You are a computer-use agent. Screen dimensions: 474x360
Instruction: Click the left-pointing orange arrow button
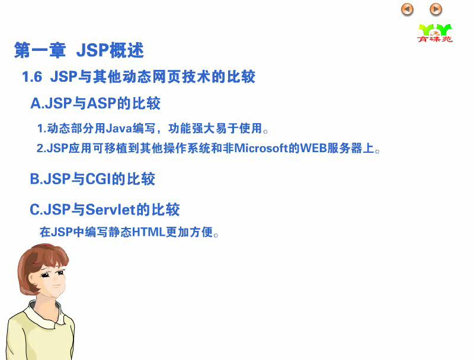coord(407,9)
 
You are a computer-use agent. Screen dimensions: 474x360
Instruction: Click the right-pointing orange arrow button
coord(435,9)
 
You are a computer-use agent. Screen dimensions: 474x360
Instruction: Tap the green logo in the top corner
coord(435,33)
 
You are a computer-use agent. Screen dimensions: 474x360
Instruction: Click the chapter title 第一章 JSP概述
coord(79,50)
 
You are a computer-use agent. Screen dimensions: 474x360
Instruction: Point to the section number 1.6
coord(32,77)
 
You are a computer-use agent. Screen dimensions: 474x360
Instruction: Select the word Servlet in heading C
coord(110,210)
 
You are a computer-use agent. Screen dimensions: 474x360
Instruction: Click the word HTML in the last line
coord(149,232)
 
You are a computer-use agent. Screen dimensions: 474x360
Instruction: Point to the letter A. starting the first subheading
coord(37,103)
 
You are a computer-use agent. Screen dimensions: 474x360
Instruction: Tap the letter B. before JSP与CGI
coord(37,179)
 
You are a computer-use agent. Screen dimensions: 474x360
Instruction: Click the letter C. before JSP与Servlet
coord(37,210)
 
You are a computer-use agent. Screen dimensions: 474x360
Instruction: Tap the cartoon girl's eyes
coord(53,274)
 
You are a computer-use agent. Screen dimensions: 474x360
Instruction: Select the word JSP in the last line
coord(62,232)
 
